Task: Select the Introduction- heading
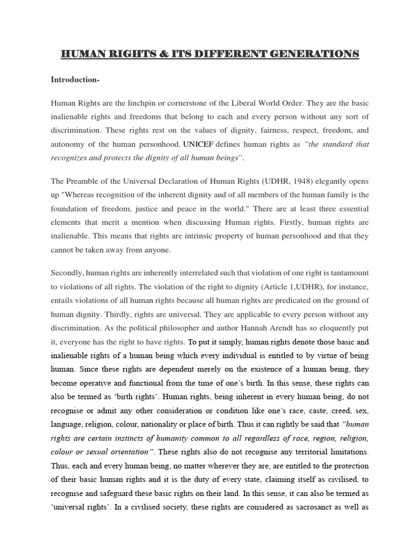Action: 74,79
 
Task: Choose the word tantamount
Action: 347,273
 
